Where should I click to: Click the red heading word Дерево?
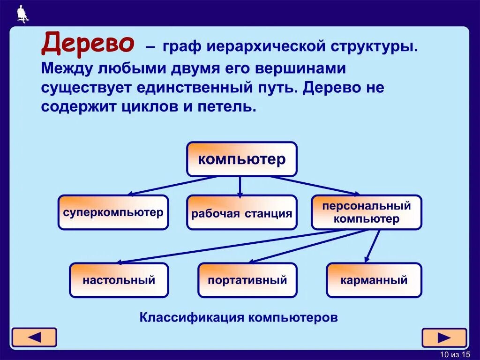[88, 44]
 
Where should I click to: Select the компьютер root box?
[241, 159]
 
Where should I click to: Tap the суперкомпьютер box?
[113, 212]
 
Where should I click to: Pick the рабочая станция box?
[241, 213]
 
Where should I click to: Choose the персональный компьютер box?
[367, 212]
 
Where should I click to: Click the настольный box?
[119, 280]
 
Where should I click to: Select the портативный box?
[247, 280]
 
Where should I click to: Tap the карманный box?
[374, 280]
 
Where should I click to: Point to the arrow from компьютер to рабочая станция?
[240, 186]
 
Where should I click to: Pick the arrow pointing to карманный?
[373, 246]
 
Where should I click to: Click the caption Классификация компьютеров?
[239, 317]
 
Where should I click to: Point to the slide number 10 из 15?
[455, 354]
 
